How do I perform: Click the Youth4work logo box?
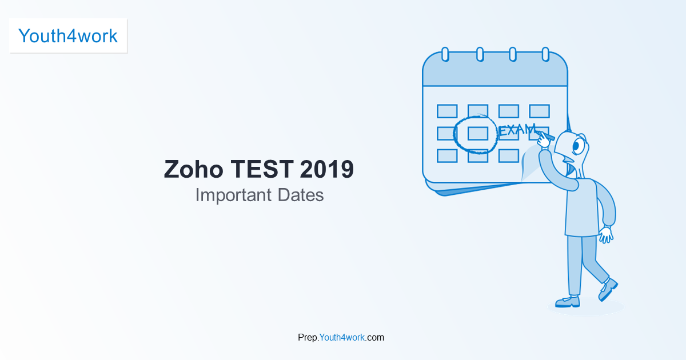coord(68,35)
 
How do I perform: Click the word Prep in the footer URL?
coord(308,337)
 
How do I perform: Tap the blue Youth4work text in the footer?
coord(342,337)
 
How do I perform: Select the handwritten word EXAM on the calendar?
coord(517,130)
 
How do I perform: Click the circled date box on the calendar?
coord(477,133)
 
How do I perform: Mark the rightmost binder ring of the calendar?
coord(545,54)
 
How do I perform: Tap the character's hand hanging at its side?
coord(606,234)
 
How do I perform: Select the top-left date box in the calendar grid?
coord(447,111)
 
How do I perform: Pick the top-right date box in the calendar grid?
coord(539,111)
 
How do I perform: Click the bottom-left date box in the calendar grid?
coord(447,155)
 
